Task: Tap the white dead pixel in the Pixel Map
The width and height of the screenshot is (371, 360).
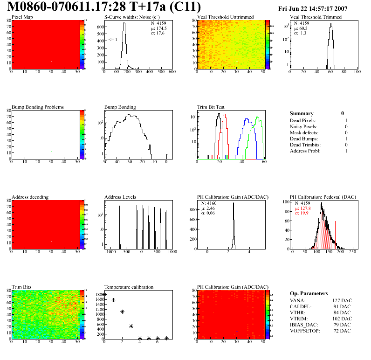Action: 52,62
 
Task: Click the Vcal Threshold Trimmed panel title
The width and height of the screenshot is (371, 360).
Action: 316,17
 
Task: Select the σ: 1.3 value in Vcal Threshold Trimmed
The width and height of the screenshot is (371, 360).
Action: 300,33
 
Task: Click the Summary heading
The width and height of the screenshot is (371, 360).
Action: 302,113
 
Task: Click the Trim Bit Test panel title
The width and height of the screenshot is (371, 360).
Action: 211,107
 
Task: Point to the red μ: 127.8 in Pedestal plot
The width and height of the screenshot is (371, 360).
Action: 304,208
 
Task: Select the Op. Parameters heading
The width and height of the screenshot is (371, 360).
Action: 309,293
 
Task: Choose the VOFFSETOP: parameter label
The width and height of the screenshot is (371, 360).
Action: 306,331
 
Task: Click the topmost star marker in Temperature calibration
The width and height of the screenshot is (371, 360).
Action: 104,295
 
